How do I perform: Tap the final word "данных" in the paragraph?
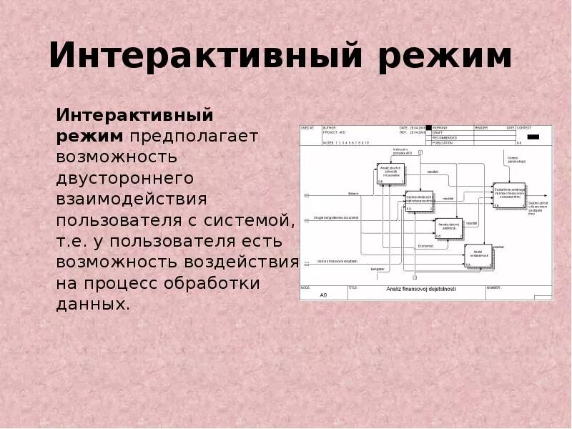click(x=92, y=303)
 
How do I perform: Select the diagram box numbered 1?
click(x=390, y=174)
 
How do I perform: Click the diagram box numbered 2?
click(x=420, y=201)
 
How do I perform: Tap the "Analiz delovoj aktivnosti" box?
click(x=448, y=227)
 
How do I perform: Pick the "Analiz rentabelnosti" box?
click(x=478, y=255)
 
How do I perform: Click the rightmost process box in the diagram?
click(x=508, y=194)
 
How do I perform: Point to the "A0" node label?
click(x=323, y=295)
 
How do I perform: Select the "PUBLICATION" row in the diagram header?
click(x=451, y=143)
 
